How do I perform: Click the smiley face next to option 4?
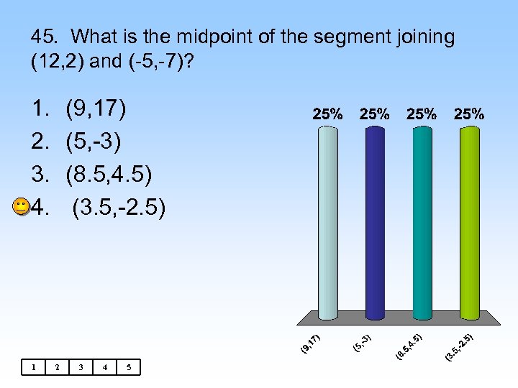22,207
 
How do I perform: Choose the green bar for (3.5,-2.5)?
469,223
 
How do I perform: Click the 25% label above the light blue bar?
327,114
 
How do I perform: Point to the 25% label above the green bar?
469,114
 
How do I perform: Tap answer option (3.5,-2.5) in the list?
119,208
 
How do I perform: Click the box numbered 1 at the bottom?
32,367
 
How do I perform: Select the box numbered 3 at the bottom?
81,367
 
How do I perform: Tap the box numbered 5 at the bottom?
129,367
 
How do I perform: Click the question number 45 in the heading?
45,37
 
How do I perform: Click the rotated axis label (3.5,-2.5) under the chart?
458,347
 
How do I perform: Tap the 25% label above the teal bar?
422,114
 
